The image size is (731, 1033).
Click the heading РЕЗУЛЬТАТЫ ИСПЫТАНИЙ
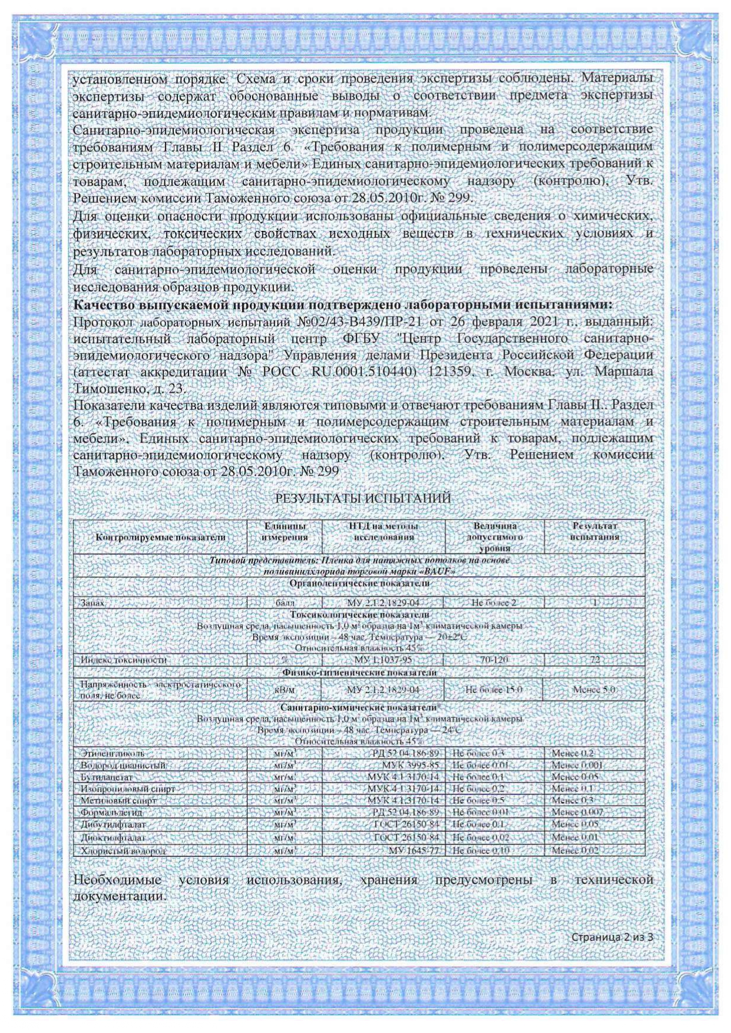point(363,498)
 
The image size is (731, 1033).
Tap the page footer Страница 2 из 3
point(613,937)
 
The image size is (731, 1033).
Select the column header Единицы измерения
point(285,531)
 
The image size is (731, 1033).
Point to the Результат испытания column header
point(594,531)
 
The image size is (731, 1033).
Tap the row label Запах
point(92,603)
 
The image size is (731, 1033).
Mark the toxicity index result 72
point(594,660)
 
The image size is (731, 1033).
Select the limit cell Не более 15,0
point(494,690)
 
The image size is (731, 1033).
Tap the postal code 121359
point(448,372)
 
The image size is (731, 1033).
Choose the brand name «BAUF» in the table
point(438,572)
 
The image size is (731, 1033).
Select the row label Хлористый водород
point(124,850)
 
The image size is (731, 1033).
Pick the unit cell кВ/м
point(285,690)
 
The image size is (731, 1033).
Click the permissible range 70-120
point(494,660)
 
